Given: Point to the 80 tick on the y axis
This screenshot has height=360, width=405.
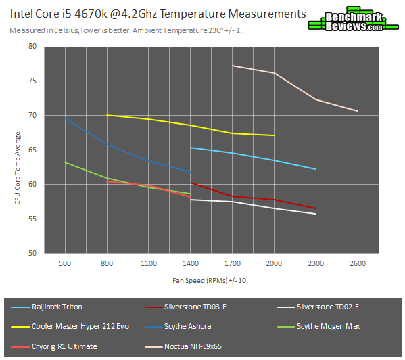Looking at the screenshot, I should (x=32, y=47).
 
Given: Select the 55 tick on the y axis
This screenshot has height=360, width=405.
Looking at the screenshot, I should (x=32, y=219).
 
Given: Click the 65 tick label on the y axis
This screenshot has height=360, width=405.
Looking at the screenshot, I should (x=32, y=150).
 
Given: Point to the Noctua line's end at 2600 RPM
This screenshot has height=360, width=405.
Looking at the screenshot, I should (x=358, y=111).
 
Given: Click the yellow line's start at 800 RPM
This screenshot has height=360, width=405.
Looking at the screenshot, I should (x=107, y=115).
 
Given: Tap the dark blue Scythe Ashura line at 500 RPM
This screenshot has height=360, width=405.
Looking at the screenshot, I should (x=65, y=119).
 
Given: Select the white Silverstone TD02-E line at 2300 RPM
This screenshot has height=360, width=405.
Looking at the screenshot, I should (x=316, y=214).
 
